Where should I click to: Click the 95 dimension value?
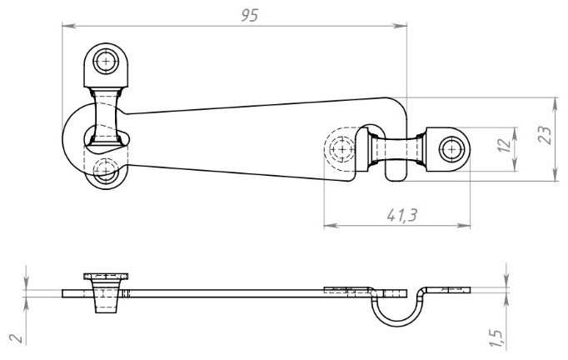point(250,15)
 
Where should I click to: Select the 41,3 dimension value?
point(402,215)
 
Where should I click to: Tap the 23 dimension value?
point(546,135)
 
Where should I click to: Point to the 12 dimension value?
point(506,145)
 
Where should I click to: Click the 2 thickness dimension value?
point(17,338)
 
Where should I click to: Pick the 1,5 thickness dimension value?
point(498,338)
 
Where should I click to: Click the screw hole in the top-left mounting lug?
point(106,61)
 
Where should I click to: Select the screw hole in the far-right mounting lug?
point(451,149)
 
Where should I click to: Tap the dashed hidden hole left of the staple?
point(341,149)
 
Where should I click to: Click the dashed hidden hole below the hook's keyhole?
point(106,170)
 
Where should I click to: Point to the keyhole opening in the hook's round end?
point(107,140)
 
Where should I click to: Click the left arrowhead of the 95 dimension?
point(69,25)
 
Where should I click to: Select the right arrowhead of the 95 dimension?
point(400,25)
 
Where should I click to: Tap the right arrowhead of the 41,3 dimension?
point(463,226)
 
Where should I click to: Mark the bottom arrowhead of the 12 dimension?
point(515,164)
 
